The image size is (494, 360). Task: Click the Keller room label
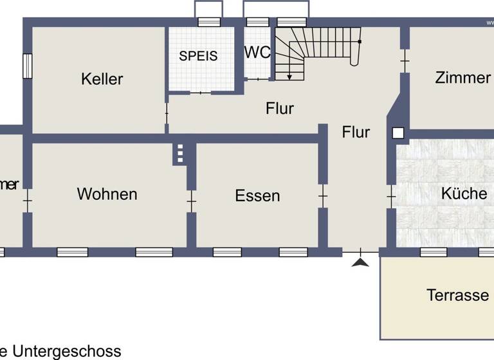pos(102,79)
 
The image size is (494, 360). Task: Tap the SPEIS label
pos(198,56)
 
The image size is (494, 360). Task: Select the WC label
pos(258,53)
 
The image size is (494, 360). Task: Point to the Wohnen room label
pos(107,194)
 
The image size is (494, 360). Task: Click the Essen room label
pos(257,195)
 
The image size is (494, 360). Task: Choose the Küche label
pos(464,193)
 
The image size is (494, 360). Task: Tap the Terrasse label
pos(457,295)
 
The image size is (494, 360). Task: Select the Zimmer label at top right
pos(462,78)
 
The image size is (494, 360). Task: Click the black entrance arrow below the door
pos(361,262)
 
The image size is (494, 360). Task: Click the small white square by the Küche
pos(398,133)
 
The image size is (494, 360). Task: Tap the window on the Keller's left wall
pos(27,66)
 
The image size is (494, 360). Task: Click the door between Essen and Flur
pos(323,195)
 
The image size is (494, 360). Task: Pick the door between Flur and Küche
pos(390,195)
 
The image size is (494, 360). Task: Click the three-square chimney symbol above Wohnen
pos(180,154)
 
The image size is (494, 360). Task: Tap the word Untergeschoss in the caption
pos(67,351)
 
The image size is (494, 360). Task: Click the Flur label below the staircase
pos(280,108)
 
